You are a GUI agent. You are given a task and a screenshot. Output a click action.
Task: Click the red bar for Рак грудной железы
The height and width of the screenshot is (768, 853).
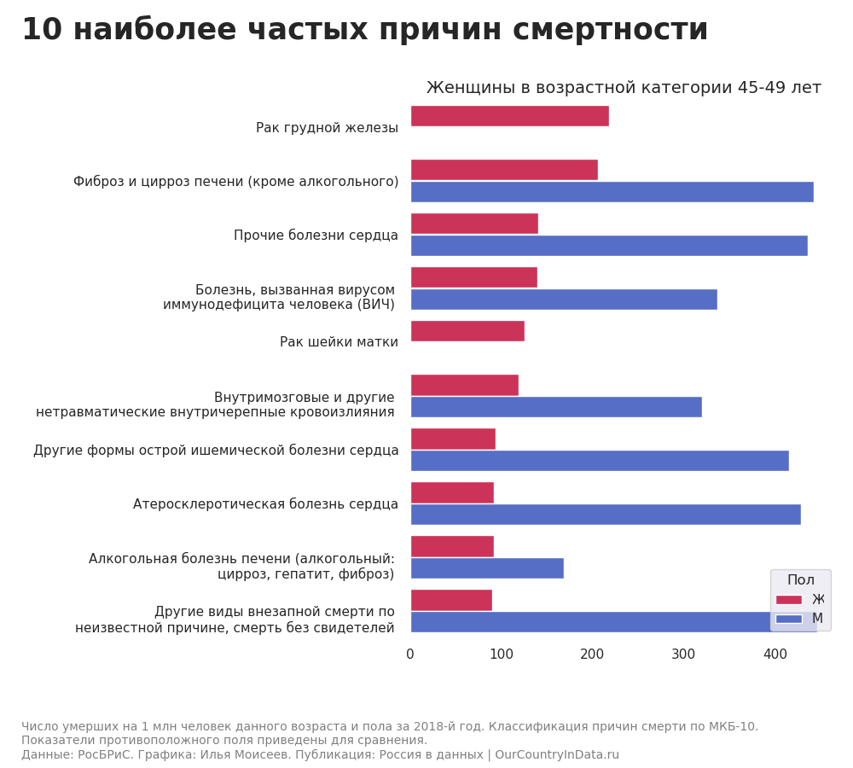(509, 116)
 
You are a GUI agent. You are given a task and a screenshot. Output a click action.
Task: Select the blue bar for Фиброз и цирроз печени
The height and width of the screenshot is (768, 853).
(612, 192)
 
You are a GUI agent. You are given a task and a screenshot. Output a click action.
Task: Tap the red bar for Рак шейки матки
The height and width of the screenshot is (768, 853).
(467, 331)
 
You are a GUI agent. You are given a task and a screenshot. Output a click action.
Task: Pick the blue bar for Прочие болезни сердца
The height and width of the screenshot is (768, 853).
(609, 246)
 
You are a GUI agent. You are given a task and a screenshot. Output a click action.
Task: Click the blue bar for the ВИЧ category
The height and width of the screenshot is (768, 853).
(564, 300)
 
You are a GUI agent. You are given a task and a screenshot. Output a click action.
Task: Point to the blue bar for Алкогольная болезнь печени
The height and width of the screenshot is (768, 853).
(487, 568)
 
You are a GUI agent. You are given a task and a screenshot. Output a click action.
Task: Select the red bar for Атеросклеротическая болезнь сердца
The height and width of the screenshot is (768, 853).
(452, 492)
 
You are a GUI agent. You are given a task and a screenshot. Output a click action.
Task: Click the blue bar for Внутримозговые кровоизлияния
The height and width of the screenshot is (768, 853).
(556, 407)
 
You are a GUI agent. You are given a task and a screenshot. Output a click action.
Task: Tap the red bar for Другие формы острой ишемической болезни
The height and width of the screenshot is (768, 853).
(453, 439)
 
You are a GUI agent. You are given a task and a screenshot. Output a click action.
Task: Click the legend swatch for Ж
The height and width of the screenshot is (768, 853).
(789, 600)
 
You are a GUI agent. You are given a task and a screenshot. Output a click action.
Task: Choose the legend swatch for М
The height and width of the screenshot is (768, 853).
(789, 619)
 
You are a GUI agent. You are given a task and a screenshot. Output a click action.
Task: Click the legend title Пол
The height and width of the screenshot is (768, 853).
(800, 580)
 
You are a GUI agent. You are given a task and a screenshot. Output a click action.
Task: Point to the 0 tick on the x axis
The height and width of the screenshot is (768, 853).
(410, 655)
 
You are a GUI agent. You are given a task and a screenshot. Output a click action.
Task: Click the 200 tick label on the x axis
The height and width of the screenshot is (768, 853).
(592, 655)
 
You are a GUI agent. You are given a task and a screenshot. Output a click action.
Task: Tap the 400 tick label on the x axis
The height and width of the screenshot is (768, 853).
(775, 655)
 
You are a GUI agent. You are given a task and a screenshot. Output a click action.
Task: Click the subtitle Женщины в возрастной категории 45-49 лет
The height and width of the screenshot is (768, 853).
(624, 88)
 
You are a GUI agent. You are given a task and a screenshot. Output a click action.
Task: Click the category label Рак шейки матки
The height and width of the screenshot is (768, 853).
(339, 342)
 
